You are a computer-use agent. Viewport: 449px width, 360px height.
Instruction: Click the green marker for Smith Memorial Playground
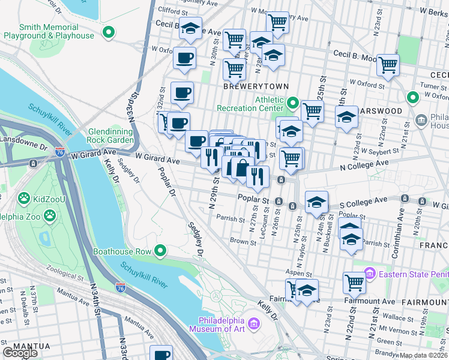click(x=109, y=32)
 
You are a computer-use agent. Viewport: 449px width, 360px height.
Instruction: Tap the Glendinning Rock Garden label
click(x=111, y=136)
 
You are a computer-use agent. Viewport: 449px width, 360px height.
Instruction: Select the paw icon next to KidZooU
click(x=24, y=197)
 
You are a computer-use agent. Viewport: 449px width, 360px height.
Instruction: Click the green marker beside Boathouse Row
click(x=160, y=250)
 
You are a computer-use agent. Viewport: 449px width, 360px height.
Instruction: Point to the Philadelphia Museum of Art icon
click(x=253, y=325)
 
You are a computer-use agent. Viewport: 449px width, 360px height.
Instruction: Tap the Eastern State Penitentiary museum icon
click(x=369, y=274)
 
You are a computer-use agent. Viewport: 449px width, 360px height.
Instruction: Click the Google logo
click(x=20, y=353)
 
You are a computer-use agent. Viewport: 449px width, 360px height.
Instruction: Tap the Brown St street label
click(x=243, y=241)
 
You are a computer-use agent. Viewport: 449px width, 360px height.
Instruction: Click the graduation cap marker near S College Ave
click(x=316, y=202)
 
